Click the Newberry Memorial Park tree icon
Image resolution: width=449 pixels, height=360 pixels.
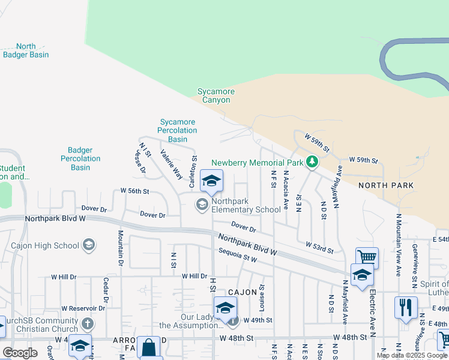coord(312,162)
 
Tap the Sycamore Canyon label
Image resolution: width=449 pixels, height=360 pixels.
coord(216,96)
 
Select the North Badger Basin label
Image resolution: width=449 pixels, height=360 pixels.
coord(26,50)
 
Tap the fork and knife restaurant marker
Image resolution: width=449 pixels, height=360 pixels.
coord(406,307)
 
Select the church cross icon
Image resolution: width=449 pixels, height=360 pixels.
coord(88,325)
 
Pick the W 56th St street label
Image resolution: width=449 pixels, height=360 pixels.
coord(134,191)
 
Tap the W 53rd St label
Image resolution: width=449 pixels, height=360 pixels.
coord(319,245)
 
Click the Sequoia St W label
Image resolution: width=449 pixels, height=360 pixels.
coord(238,255)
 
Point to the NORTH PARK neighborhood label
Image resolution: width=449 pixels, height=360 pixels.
coord(386,185)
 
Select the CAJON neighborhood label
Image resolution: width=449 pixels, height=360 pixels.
coord(242,292)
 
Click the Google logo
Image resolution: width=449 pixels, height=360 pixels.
coord(20,353)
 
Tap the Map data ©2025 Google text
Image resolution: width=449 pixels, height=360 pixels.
coord(412,355)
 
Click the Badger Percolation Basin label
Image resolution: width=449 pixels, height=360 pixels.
coord(80,159)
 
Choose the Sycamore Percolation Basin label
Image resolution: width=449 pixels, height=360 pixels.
coord(177,130)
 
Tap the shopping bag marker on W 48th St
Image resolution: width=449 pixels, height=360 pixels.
coord(148,347)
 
